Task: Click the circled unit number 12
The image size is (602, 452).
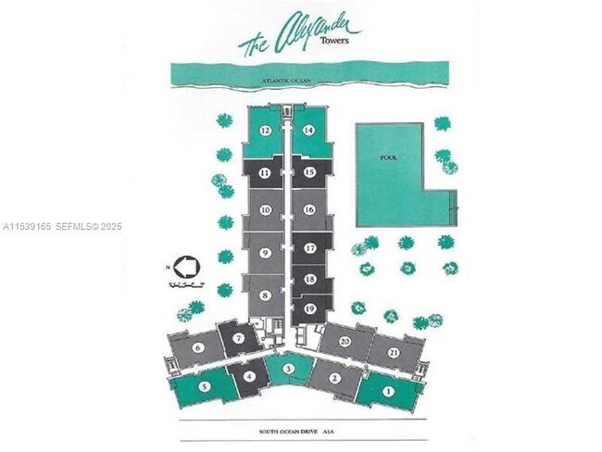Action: coord(266,132)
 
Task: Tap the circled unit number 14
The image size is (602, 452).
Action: coord(309,132)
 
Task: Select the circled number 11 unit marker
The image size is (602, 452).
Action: coord(266,172)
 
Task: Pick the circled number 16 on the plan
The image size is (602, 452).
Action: coord(309,210)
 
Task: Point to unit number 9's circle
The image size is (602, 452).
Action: coord(266,252)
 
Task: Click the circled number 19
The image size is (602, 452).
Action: coord(309,308)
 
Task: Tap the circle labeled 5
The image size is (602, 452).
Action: coord(204,387)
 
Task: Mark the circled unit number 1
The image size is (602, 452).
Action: coord(388,392)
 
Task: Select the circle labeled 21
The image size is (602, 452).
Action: coord(395,353)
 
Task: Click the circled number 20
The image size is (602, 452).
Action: coord(345,342)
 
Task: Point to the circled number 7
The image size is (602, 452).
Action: coord(239,338)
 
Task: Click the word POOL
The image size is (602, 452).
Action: coord(389,158)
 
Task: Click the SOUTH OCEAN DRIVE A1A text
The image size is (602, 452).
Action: coord(301,432)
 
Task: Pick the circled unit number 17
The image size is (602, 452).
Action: coord(309,248)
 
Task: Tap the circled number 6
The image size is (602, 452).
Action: coord(198,348)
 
